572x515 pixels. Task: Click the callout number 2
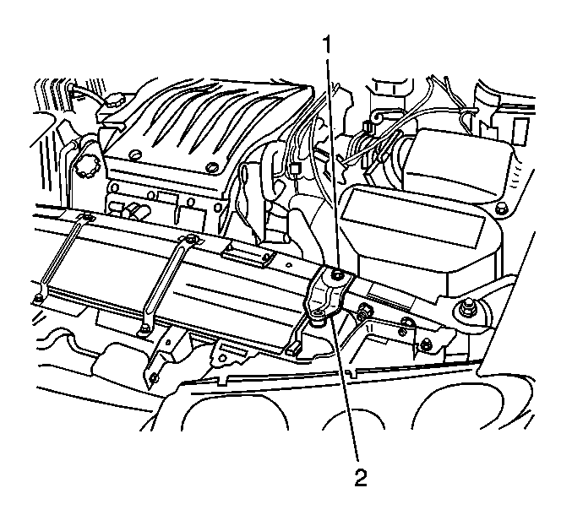pyautogui.click(x=361, y=477)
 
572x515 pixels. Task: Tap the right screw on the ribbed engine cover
pyautogui.click(x=211, y=167)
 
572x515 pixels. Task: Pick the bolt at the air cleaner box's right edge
pyautogui.click(x=502, y=209)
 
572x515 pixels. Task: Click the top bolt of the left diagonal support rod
pyautogui.click(x=88, y=218)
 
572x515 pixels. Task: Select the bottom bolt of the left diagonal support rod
pyautogui.click(x=37, y=300)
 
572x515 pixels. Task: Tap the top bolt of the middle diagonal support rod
pyautogui.click(x=190, y=239)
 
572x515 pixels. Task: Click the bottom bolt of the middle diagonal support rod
pyautogui.click(x=142, y=331)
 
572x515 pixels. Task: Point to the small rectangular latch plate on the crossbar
pyautogui.click(x=248, y=255)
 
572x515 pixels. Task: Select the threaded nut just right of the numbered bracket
pyautogui.click(x=365, y=309)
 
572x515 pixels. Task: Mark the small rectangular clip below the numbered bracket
pyautogui.click(x=293, y=349)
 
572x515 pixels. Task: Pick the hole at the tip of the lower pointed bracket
pyautogui.click(x=154, y=377)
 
